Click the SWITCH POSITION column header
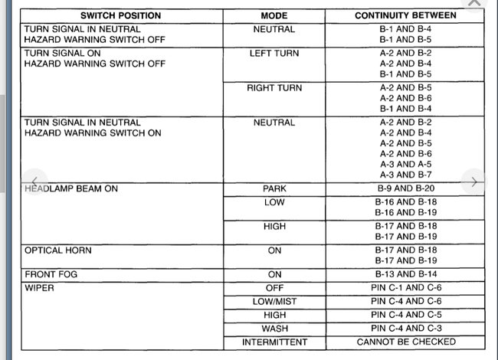(121, 15)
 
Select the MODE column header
(274, 15)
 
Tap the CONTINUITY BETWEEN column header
(405, 15)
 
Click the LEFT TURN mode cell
(274, 54)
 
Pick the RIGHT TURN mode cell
(274, 88)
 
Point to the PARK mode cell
(274, 188)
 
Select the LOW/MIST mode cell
(274, 302)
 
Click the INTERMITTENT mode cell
(274, 342)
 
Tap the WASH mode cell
(274, 329)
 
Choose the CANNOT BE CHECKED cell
(405, 342)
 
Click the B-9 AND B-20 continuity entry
(405, 188)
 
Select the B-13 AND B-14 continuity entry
(405, 273)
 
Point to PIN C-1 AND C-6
(405, 288)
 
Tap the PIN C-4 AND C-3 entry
(405, 329)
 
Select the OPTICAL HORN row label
(58, 250)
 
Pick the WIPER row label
(39, 289)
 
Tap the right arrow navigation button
(474, 182)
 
